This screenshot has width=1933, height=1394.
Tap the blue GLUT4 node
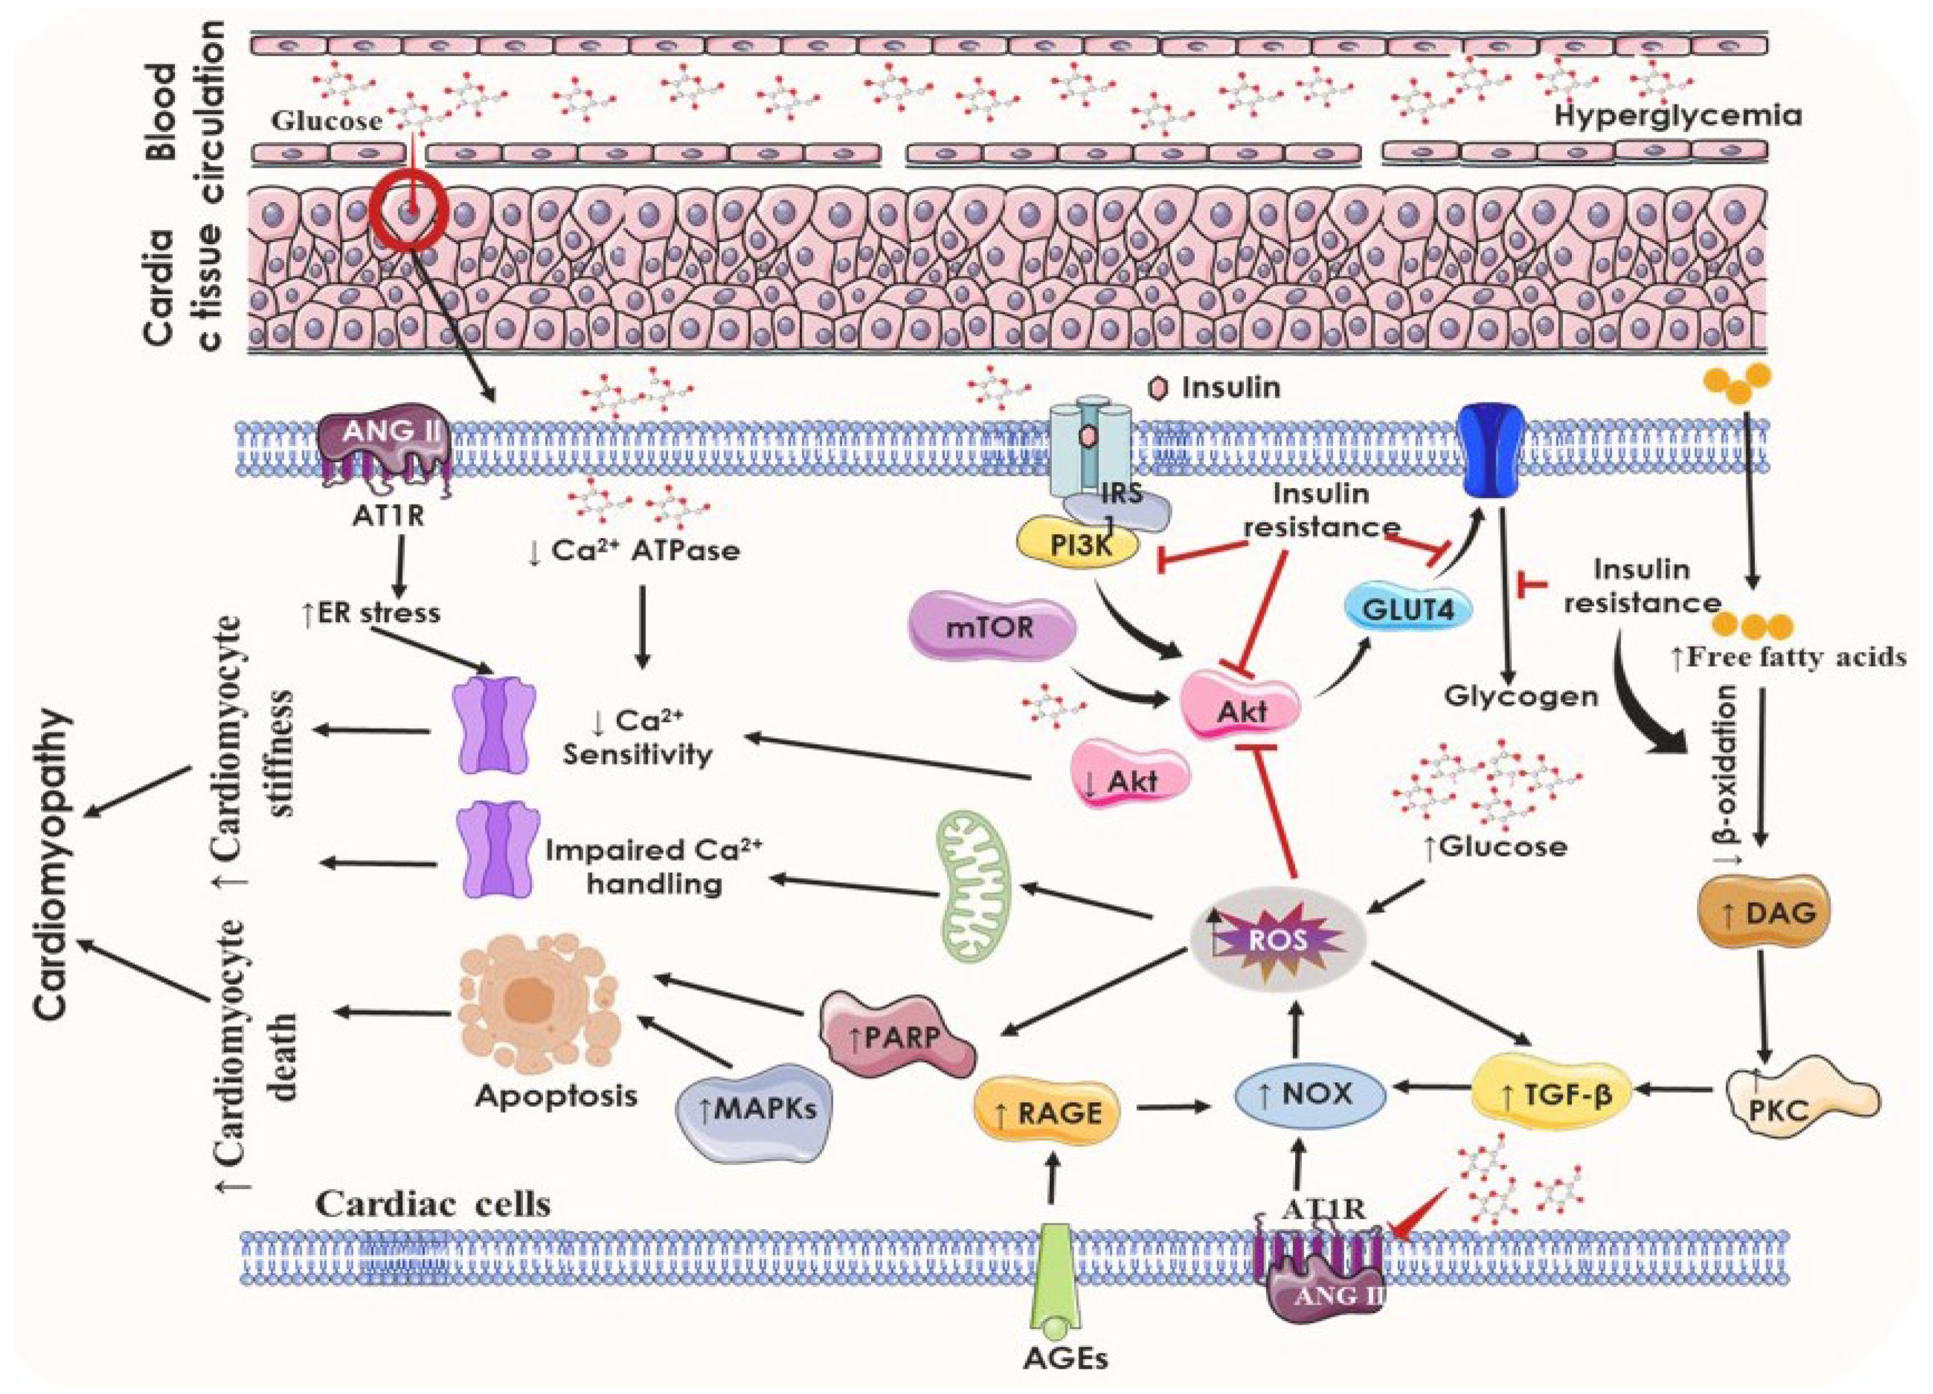tap(1407, 609)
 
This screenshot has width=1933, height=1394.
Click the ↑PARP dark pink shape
tap(898, 1038)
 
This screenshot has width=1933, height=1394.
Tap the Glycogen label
tap(1520, 696)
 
